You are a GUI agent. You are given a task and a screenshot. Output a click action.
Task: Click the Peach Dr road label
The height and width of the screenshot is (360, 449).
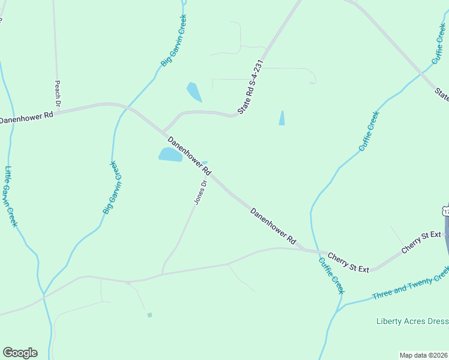(x=58, y=94)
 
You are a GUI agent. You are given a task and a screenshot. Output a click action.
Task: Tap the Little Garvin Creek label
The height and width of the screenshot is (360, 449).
(x=11, y=196)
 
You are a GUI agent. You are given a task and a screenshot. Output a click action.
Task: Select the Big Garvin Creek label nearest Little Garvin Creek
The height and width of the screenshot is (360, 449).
(x=112, y=187)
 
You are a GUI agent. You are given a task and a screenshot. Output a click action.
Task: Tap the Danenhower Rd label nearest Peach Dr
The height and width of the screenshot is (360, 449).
(x=27, y=116)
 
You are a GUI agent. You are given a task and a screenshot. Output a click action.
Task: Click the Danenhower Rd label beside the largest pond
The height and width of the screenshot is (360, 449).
(x=190, y=155)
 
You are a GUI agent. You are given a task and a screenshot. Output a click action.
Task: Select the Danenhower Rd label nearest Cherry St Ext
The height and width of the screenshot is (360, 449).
(x=273, y=226)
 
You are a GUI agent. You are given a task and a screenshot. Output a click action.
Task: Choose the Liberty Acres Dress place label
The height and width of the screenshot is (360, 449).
(x=412, y=321)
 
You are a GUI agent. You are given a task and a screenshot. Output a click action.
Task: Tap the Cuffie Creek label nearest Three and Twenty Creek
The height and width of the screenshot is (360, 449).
(x=331, y=275)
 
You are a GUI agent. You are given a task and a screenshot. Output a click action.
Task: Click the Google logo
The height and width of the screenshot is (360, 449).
(x=20, y=353)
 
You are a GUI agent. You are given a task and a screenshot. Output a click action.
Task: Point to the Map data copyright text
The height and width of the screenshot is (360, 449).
(x=423, y=355)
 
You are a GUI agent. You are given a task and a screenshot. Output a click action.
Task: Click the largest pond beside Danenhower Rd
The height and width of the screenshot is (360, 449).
(x=170, y=155)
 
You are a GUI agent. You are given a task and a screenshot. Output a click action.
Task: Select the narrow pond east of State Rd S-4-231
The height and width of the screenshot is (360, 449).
(x=282, y=118)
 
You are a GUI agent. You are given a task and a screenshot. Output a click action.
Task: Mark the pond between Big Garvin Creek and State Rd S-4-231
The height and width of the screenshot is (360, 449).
(x=194, y=92)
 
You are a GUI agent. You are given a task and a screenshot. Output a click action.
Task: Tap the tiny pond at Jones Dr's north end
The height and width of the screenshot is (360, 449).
(x=205, y=162)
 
